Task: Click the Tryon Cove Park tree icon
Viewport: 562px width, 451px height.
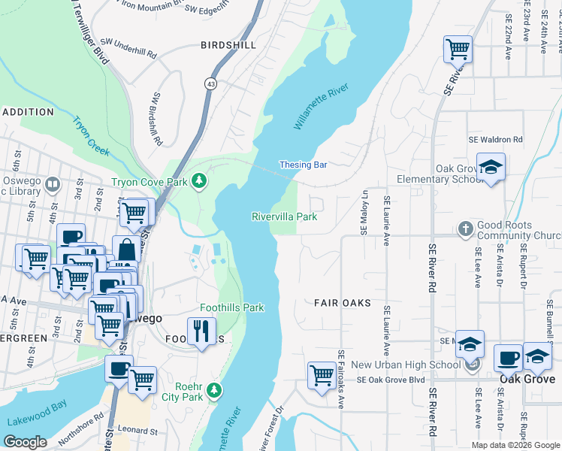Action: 199,180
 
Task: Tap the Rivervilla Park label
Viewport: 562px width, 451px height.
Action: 284,216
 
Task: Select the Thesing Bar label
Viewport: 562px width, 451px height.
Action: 303,165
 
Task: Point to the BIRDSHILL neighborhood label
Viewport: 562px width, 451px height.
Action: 228,45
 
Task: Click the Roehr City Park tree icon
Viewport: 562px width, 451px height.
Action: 215,390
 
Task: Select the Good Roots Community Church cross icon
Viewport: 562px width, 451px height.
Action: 465,228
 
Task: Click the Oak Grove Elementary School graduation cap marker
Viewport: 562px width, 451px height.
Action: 491,168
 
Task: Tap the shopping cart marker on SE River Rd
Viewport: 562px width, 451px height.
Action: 458,50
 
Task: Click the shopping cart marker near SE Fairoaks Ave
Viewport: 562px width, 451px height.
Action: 322,374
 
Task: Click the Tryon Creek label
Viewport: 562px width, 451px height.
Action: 91,136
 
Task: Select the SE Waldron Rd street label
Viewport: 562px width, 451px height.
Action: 495,140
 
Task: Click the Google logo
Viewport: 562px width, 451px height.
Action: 25,442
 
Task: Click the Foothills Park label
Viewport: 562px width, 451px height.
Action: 232,307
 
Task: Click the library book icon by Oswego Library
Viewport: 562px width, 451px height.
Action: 53,183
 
